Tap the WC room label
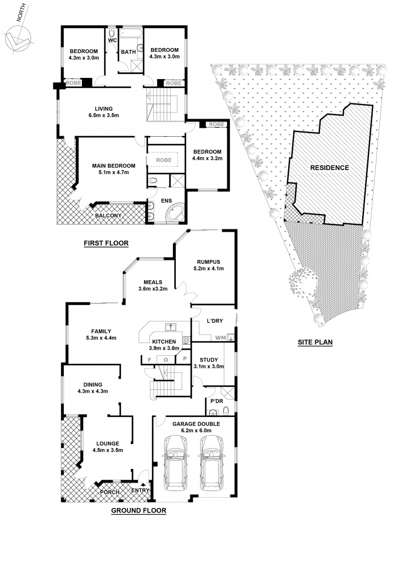pyautogui.click(x=112, y=40)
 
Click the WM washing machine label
pyautogui.click(x=220, y=338)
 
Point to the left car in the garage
pyautogui.click(x=175, y=463)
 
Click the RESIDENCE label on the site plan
pyautogui.click(x=329, y=168)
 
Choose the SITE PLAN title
pyautogui.click(x=315, y=342)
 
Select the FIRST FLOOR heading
pyautogui.click(x=106, y=243)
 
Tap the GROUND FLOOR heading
pyautogui.click(x=138, y=510)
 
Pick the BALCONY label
pyautogui.click(x=108, y=215)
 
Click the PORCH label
pyautogui.click(x=110, y=492)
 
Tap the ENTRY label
pyautogui.click(x=140, y=490)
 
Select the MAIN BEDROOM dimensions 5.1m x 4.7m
pyautogui.click(x=114, y=172)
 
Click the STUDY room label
pyautogui.click(x=209, y=359)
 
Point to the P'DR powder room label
pyautogui.click(x=216, y=401)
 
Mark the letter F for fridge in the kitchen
pyautogui.click(x=150, y=359)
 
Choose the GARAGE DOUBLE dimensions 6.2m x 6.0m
pyautogui.click(x=196, y=430)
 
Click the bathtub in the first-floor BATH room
pyautogui.click(x=131, y=34)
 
